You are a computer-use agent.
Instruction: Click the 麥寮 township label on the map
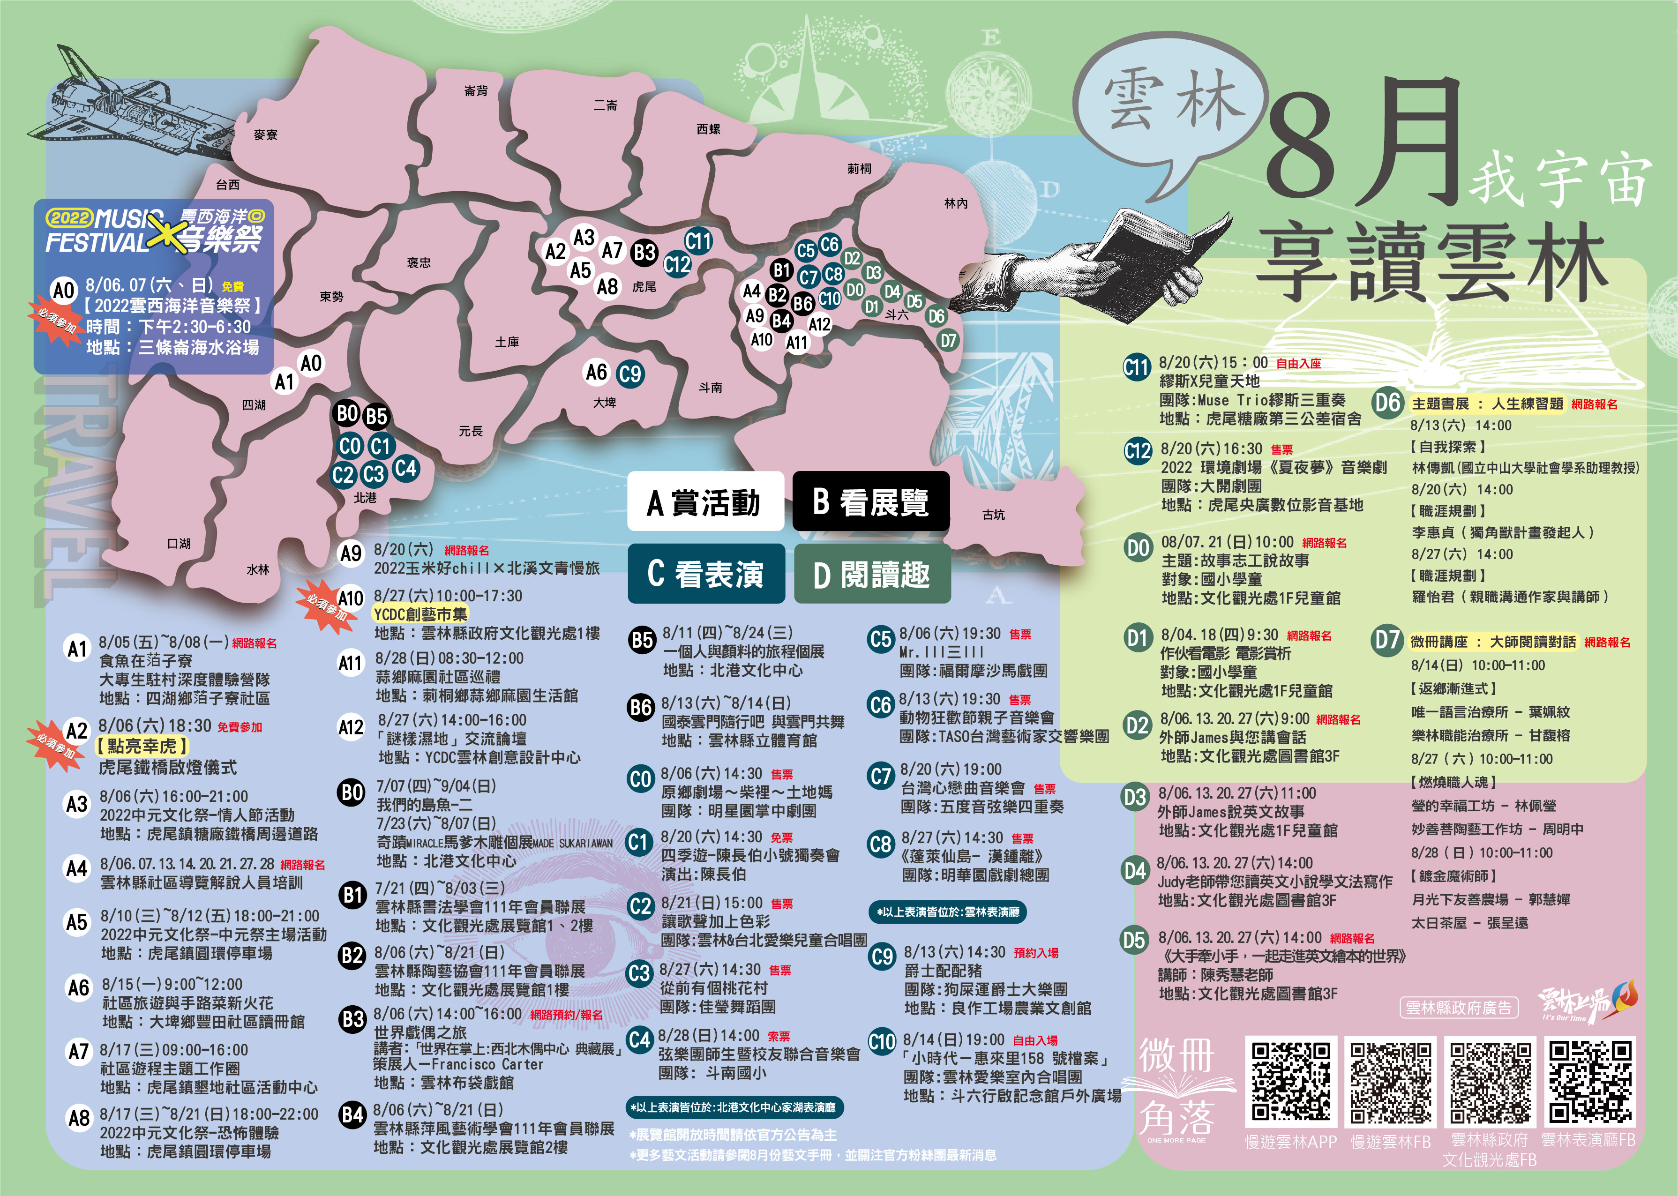click(x=265, y=135)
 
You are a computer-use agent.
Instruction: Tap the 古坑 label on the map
click(x=993, y=515)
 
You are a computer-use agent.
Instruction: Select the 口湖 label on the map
click(x=179, y=544)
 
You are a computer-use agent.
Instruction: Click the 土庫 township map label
click(x=507, y=342)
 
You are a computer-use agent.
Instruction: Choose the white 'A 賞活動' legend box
click(x=705, y=501)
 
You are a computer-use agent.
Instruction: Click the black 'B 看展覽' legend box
click(x=871, y=501)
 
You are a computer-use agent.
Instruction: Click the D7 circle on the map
click(x=948, y=340)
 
